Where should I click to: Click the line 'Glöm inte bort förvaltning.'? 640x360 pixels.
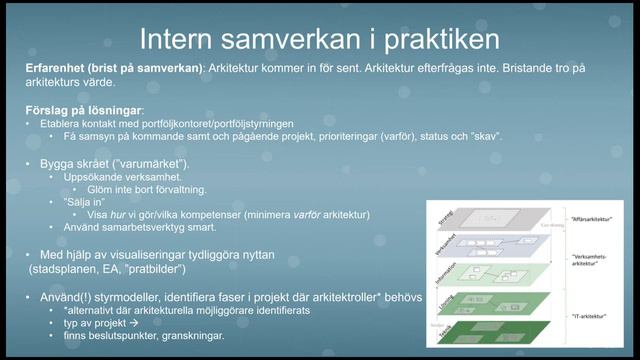click(139, 189)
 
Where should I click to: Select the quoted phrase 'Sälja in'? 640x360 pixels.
click(84, 202)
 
